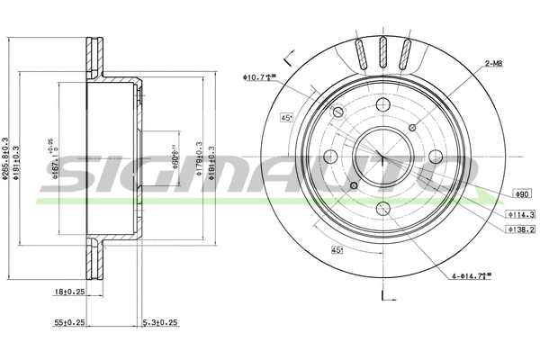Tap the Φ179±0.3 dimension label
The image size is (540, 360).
click(x=198, y=148)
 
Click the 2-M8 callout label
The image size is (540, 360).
click(x=493, y=64)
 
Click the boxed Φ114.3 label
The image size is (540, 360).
click(x=520, y=214)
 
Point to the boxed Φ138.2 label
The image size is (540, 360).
click(x=520, y=230)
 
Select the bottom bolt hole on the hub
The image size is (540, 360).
click(x=382, y=206)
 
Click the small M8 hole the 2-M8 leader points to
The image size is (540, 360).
click(x=417, y=125)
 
